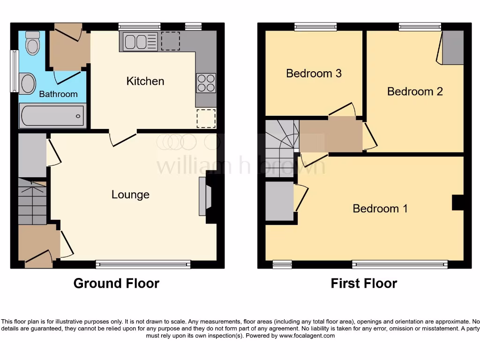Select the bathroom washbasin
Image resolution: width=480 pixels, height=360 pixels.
[28, 83]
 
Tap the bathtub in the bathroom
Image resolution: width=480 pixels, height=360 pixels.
[52, 115]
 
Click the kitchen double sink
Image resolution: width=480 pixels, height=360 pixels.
[139, 42]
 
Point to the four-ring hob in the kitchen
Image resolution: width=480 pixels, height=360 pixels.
[206, 83]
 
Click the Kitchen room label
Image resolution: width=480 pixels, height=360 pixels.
[145, 81]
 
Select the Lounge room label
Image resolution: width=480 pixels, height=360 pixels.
[130, 195]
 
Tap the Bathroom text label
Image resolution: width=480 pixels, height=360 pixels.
[58, 94]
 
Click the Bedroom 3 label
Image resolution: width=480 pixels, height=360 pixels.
[314, 74]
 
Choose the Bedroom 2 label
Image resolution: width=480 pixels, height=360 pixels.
[415, 91]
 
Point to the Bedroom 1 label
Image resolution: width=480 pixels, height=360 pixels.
[380, 209]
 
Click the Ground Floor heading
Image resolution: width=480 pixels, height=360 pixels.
[116, 284]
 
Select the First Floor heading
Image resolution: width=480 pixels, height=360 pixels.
[364, 284]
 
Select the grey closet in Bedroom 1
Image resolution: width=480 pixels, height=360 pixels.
[280, 201]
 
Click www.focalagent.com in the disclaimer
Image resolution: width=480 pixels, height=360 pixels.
[305, 336]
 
